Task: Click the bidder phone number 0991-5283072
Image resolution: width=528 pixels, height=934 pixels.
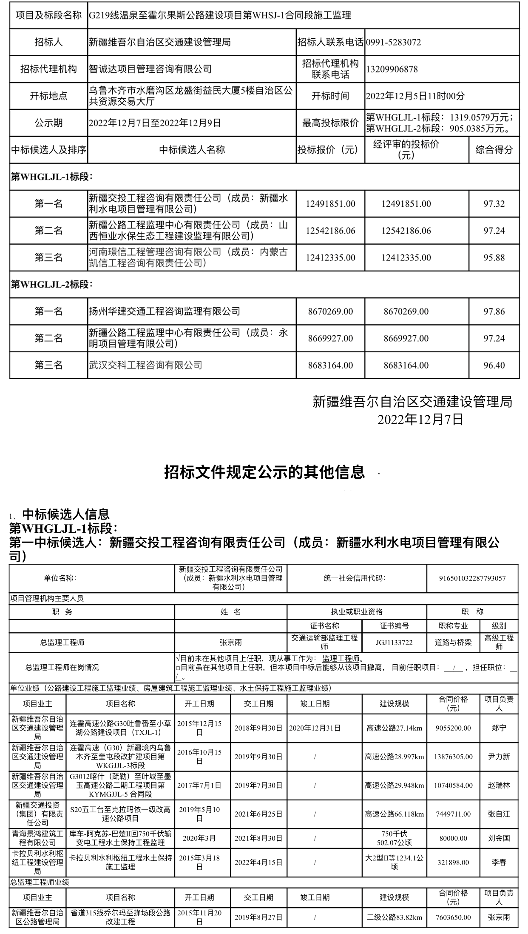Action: click(x=393, y=42)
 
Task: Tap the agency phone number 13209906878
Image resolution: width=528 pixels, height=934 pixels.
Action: click(x=392, y=69)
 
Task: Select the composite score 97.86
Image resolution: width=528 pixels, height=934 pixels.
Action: click(x=494, y=311)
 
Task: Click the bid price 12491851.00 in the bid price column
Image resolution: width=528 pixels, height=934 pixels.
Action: click(x=330, y=204)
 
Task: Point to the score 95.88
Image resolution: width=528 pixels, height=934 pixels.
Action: click(x=494, y=257)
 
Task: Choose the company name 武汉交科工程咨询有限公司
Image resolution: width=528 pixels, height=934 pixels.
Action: click(x=145, y=365)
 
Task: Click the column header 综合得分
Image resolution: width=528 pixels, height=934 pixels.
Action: click(x=494, y=150)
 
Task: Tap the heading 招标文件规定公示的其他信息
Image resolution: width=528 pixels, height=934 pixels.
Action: click(x=264, y=472)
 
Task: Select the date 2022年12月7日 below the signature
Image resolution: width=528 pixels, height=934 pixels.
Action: click(x=420, y=420)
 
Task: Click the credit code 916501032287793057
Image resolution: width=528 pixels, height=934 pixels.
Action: click(x=472, y=578)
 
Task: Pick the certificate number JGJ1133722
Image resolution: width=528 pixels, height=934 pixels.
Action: click(x=394, y=643)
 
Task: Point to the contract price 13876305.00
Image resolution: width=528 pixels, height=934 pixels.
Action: click(x=453, y=757)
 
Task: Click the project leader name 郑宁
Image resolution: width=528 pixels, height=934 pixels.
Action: click(x=499, y=728)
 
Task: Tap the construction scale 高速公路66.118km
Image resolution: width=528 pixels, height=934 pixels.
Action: click(x=394, y=814)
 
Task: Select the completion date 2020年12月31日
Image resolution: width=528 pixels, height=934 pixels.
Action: click(x=315, y=728)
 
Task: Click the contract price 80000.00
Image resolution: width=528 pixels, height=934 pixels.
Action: click(x=453, y=838)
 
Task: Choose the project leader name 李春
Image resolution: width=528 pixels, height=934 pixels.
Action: click(x=499, y=863)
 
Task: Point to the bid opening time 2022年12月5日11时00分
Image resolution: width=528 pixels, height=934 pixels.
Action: click(x=415, y=96)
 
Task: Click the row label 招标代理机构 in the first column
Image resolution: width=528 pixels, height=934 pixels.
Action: click(x=48, y=69)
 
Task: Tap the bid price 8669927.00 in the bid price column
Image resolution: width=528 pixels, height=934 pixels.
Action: click(x=330, y=338)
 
